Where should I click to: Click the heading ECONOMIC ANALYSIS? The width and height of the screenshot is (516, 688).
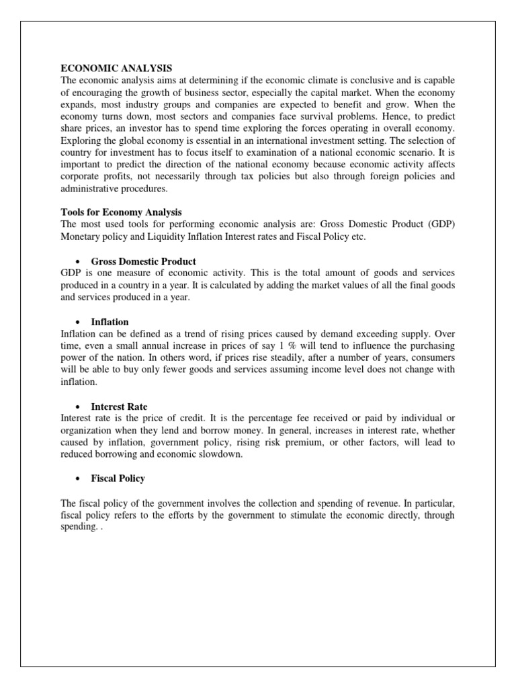[x=116, y=68]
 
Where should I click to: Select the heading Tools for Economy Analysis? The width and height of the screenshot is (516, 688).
[x=121, y=212]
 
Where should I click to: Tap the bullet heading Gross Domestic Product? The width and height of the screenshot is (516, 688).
[x=143, y=261]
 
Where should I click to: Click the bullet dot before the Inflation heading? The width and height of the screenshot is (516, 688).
[x=79, y=322]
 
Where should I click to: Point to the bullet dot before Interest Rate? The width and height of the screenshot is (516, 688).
[x=79, y=406]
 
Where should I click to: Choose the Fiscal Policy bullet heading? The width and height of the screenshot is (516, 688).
[x=118, y=478]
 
